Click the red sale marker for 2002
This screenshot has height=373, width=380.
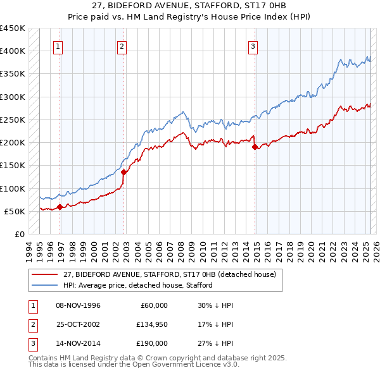tap(124, 171)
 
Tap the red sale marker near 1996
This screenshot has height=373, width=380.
tap(60, 206)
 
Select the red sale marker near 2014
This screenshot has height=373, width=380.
tap(255, 147)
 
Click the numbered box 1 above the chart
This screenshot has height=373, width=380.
tap(58, 46)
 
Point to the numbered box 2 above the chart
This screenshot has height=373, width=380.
tap(122, 46)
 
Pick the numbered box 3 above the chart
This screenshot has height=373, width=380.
tap(253, 46)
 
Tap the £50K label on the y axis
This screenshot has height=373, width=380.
tap(15, 211)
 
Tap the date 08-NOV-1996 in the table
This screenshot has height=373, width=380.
tap(78, 305)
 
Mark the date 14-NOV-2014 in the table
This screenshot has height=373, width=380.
tap(78, 343)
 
